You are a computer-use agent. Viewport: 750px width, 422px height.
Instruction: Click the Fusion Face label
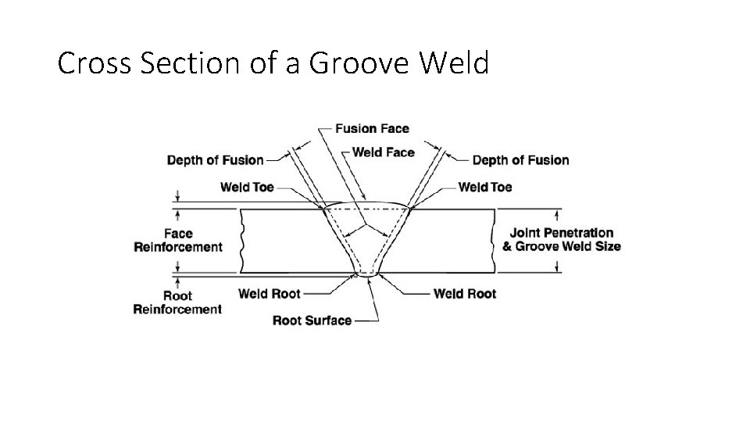click(372, 128)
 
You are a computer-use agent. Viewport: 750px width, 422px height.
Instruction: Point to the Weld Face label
click(383, 152)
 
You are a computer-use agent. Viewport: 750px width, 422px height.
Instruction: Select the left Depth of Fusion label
click(215, 160)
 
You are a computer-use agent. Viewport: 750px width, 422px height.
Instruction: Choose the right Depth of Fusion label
click(520, 160)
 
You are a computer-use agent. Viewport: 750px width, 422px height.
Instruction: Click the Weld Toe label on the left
click(246, 187)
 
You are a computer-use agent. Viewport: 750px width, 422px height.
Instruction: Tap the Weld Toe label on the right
click(485, 187)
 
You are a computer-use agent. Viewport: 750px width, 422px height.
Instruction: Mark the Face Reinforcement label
click(178, 240)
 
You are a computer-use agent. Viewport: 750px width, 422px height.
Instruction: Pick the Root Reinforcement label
click(177, 302)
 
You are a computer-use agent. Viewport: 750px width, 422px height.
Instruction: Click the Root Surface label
click(312, 320)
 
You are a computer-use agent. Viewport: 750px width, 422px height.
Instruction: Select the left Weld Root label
click(270, 294)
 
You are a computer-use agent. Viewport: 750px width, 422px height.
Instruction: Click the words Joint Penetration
click(561, 233)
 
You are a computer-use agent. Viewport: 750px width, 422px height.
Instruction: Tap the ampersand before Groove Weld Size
click(507, 246)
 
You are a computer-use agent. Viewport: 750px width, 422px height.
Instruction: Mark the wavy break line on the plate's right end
click(494, 241)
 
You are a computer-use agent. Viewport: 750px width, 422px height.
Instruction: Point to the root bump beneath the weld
click(366, 274)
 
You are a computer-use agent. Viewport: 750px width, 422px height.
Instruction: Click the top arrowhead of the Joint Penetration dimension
click(556, 213)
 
